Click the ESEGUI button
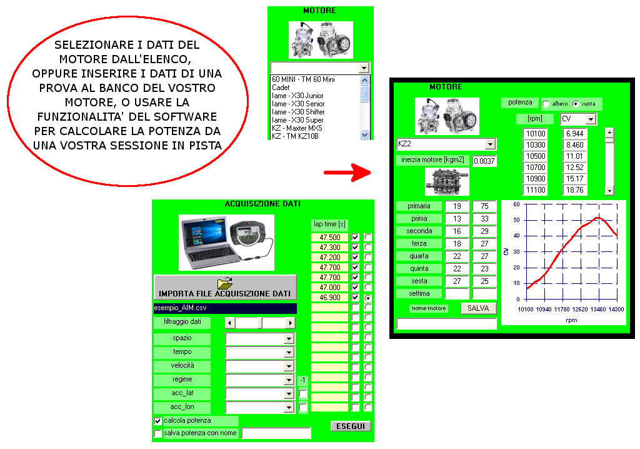(350, 426)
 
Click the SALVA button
(479, 308)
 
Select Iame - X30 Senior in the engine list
(298, 104)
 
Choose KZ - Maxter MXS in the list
(297, 128)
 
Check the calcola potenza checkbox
(157, 421)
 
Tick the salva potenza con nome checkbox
(157, 433)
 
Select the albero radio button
(546, 103)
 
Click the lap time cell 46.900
(329, 298)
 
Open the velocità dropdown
(288, 366)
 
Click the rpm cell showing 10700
(534, 167)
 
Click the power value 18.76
(574, 190)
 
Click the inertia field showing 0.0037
(484, 161)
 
